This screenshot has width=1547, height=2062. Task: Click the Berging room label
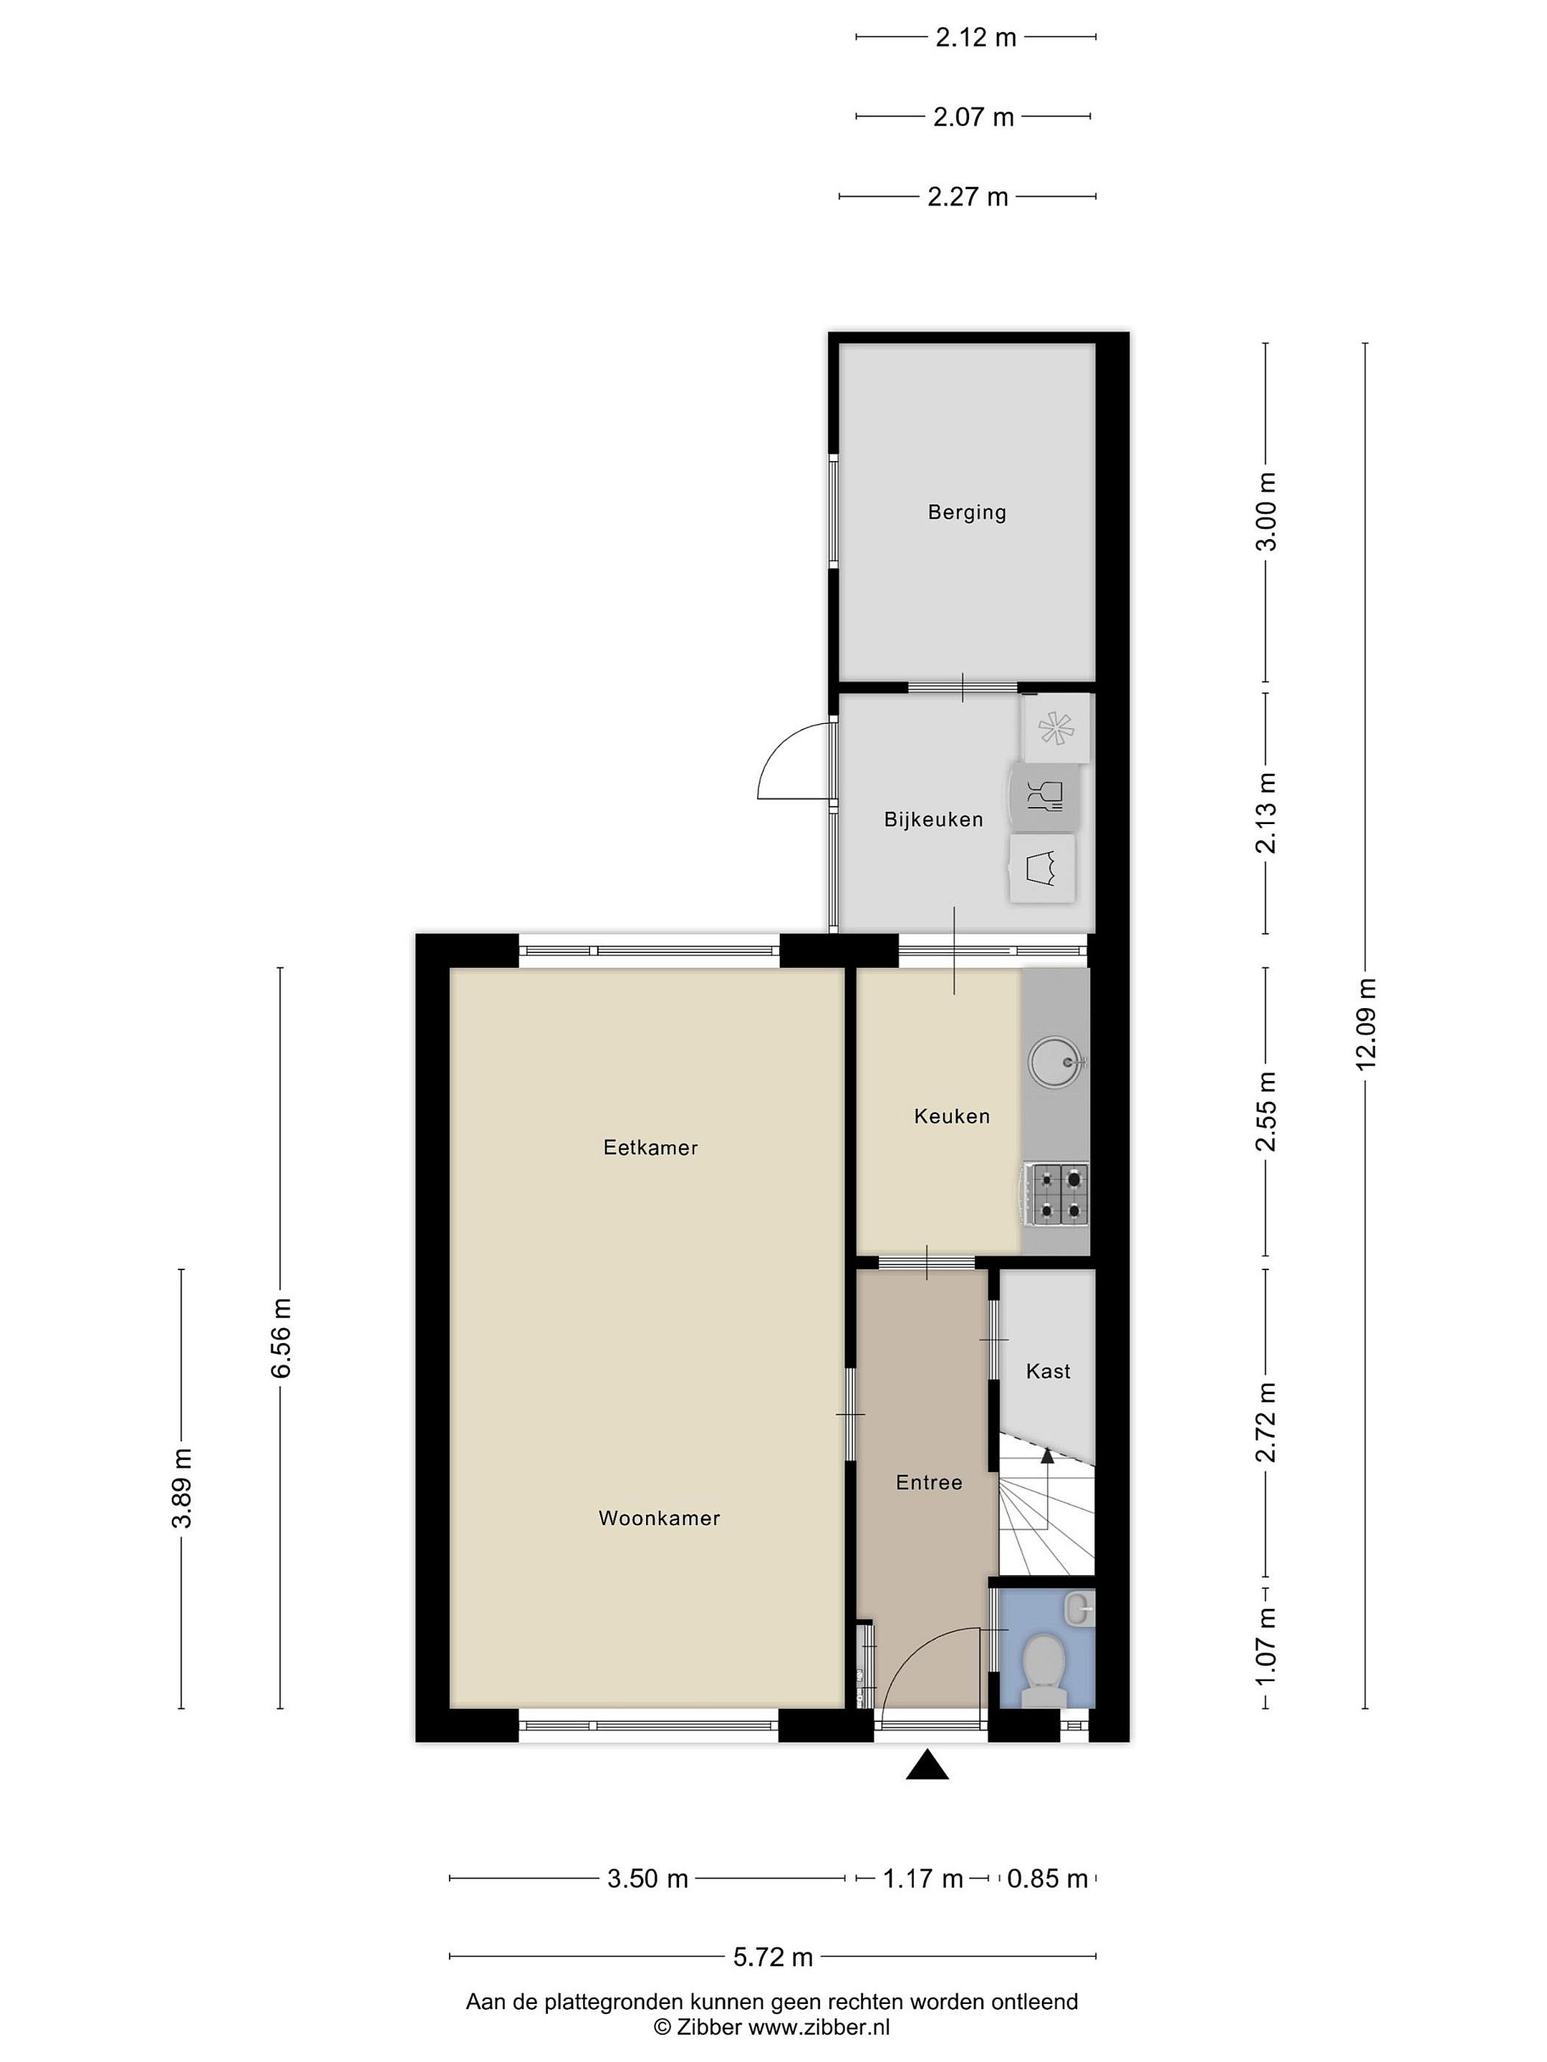coord(966,512)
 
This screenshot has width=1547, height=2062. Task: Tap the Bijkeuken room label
coord(933,819)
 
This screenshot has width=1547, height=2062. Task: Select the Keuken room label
coord(952,1115)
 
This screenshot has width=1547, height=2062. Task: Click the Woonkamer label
coord(660,1518)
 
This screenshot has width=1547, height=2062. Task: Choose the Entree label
coord(929,1482)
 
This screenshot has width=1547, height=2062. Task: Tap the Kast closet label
coord(1048,1370)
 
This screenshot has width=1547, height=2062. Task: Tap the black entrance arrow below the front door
coord(927,1765)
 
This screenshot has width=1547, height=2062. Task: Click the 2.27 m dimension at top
coord(968,197)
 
